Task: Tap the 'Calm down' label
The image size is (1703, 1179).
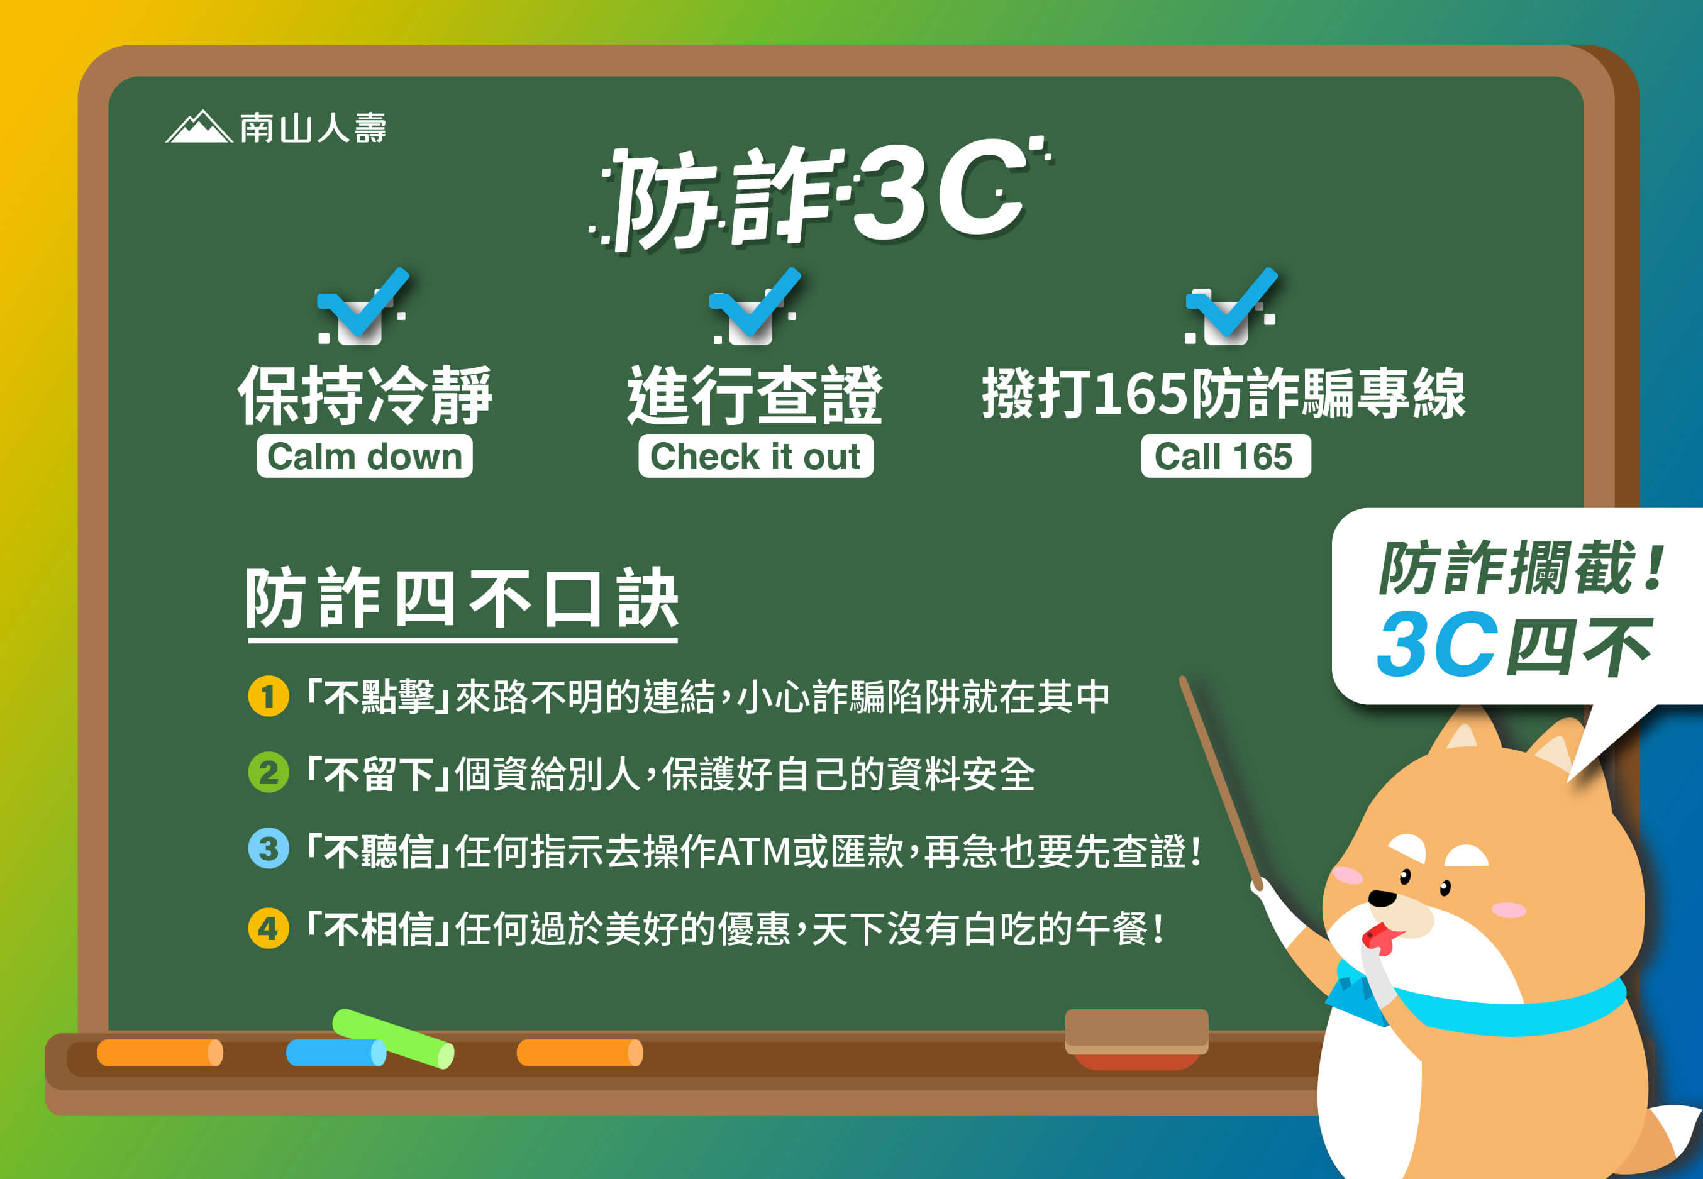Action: point(364,456)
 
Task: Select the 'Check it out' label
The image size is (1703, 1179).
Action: point(756,456)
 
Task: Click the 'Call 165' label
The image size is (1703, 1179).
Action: point(1226,456)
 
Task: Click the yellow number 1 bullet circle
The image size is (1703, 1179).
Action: point(268,696)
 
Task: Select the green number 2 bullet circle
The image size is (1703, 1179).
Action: point(268,773)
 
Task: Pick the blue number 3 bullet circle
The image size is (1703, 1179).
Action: point(268,848)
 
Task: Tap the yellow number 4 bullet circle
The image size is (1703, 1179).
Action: point(268,928)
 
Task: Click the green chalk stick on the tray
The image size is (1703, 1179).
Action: point(393,1039)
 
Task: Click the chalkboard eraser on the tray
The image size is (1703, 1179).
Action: point(1136,1039)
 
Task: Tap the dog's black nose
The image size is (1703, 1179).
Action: point(1382,899)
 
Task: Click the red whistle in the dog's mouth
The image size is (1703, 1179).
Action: point(1380,939)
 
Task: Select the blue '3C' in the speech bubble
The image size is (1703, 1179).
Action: point(1437,644)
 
